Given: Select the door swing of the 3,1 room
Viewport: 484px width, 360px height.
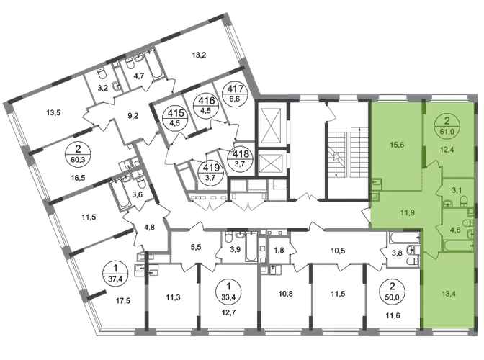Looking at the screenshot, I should click(441, 189).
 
